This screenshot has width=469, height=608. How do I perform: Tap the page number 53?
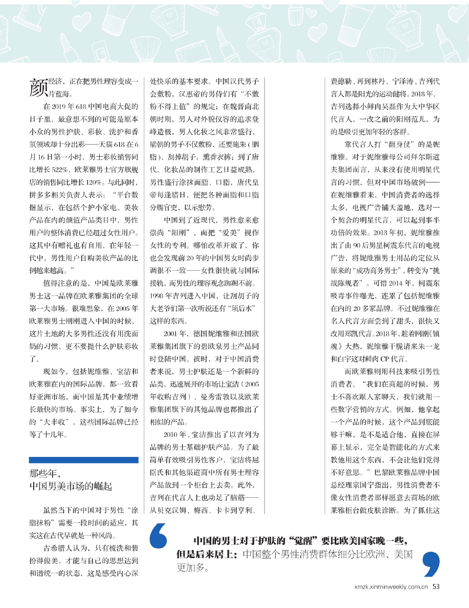coord(436,586)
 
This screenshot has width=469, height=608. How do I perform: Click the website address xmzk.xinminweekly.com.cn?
coord(391,587)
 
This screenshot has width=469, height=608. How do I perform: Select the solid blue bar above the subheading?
coord(84,460)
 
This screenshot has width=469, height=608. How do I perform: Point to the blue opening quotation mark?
coord(159,536)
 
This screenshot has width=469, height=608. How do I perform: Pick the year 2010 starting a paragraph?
coord(171,435)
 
